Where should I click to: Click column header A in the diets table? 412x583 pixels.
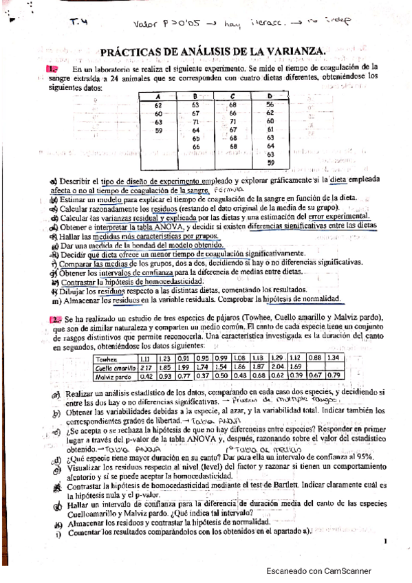158,96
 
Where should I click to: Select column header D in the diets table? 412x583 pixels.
269,96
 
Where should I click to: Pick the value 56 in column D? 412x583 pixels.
270,104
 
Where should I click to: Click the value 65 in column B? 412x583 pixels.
196,138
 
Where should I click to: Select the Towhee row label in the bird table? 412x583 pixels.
107,359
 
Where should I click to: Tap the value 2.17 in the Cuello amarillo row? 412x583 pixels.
145,367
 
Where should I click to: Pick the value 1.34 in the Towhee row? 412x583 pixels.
334,359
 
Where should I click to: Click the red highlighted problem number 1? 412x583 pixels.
52,69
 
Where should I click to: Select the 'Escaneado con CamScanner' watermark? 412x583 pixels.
318,571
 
